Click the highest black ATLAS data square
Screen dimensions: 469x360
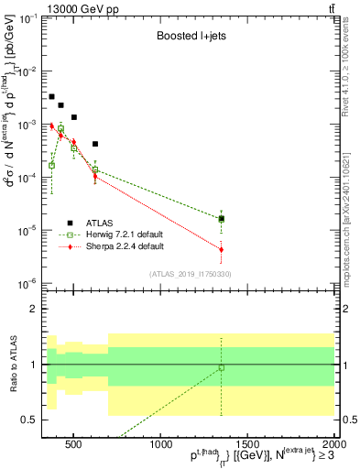pos(52,96)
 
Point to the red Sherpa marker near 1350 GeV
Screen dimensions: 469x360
pos(221,249)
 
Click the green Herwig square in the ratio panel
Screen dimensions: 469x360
pos(221,368)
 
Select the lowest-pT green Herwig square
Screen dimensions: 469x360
pos(52,165)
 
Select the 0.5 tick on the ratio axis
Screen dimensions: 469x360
pos(32,420)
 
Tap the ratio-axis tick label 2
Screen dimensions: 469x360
pos(35,309)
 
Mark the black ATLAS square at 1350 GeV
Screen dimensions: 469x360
pos(221,218)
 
